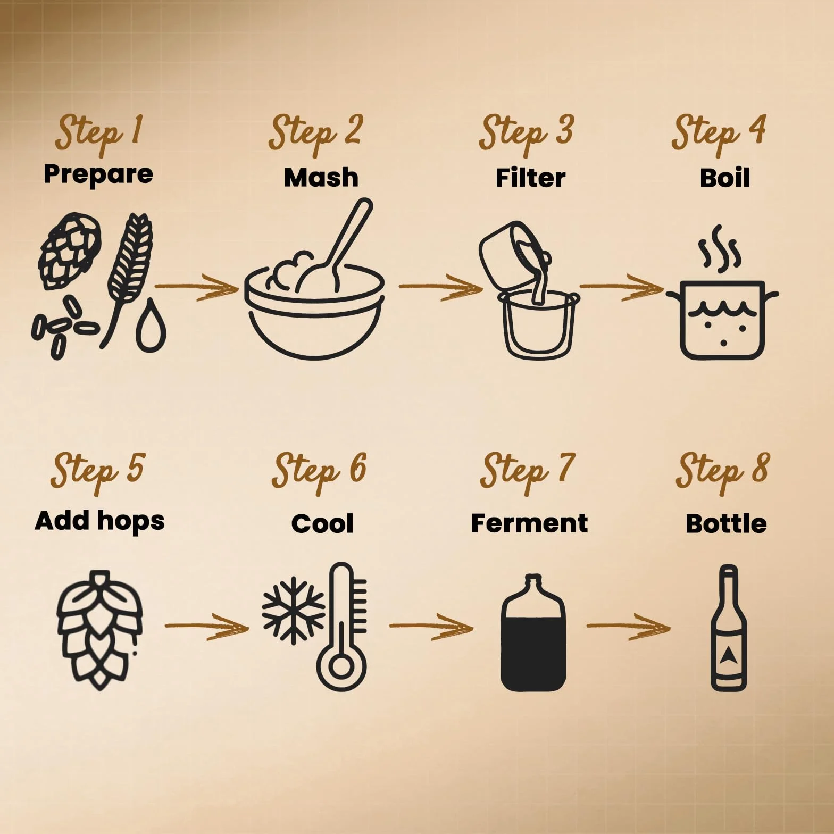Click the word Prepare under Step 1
click(x=98, y=174)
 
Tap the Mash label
click(x=321, y=177)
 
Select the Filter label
click(x=530, y=178)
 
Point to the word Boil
click(x=725, y=178)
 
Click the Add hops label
click(x=99, y=521)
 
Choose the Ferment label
click(x=529, y=523)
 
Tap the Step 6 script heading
click(x=320, y=471)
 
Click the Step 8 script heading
click(x=722, y=471)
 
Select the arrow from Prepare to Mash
click(x=197, y=287)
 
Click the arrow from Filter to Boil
click(x=622, y=287)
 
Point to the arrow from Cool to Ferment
click(x=431, y=626)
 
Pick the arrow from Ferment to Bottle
click(x=628, y=626)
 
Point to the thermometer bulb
click(x=341, y=665)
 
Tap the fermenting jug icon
click(x=533, y=632)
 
